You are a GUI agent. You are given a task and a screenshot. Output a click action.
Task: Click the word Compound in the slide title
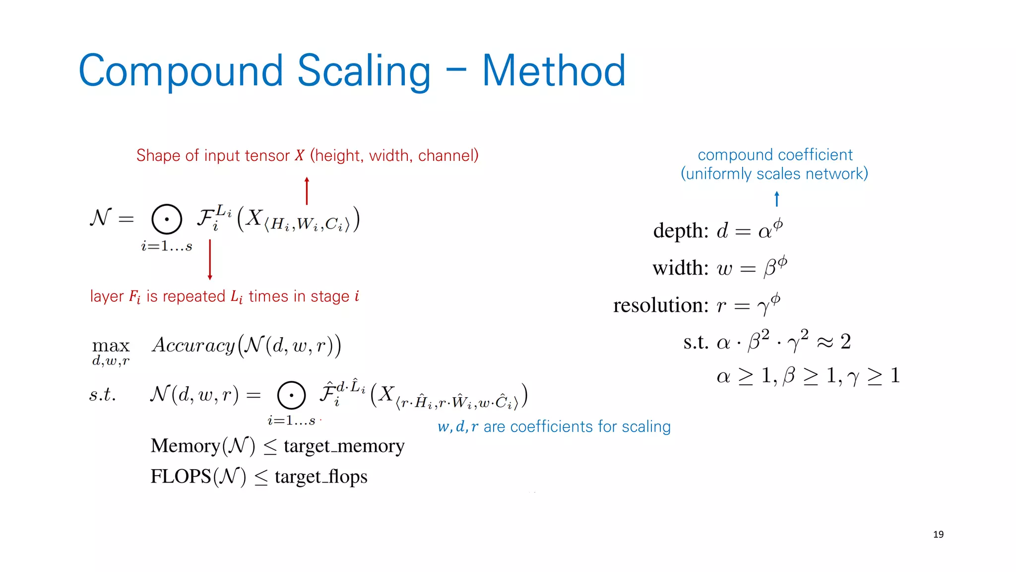pyautogui.click(x=181, y=71)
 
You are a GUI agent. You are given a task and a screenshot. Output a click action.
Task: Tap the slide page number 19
pyautogui.click(x=938, y=534)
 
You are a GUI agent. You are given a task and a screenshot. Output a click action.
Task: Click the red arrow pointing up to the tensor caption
pyautogui.click(x=307, y=191)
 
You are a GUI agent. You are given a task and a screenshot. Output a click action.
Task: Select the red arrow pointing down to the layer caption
pyautogui.click(x=210, y=260)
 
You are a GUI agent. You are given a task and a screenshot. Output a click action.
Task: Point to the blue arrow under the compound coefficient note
pyautogui.click(x=777, y=199)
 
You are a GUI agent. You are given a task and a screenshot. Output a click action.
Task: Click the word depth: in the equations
pyautogui.click(x=681, y=231)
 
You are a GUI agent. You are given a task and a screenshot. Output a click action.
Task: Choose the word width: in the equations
pyautogui.click(x=680, y=268)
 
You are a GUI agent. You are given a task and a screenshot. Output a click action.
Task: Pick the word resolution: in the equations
pyautogui.click(x=661, y=305)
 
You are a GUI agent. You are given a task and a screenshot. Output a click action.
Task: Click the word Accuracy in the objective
pyautogui.click(x=193, y=345)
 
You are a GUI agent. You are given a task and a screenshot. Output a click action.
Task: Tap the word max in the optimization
pyautogui.click(x=111, y=345)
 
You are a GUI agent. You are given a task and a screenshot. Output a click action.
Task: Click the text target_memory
pyautogui.click(x=344, y=446)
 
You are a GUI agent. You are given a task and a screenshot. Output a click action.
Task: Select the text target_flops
pyautogui.click(x=321, y=477)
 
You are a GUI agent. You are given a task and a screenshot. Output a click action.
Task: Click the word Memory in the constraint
pyautogui.click(x=185, y=446)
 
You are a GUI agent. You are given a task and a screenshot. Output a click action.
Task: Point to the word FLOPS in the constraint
pyautogui.click(x=181, y=477)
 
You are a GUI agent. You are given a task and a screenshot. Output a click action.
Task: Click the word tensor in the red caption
pyautogui.click(x=267, y=155)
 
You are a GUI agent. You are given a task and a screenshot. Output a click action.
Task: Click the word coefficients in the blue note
pyautogui.click(x=551, y=427)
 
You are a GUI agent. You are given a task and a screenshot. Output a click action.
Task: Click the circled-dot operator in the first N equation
pyautogui.click(x=167, y=219)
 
